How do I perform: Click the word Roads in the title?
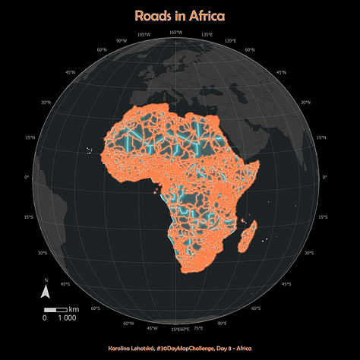(x=153, y=15)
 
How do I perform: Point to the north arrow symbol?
(x=46, y=292)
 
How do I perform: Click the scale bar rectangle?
(x=56, y=310)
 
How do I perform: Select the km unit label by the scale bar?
(x=74, y=310)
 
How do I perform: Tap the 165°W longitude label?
(x=175, y=32)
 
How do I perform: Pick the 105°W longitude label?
(x=144, y=35)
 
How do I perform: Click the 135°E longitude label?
(x=207, y=35)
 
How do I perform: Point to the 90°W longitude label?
(x=121, y=39)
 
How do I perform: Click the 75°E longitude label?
(x=198, y=328)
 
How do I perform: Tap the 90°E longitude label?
(x=222, y=323)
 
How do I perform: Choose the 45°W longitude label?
(x=153, y=328)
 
